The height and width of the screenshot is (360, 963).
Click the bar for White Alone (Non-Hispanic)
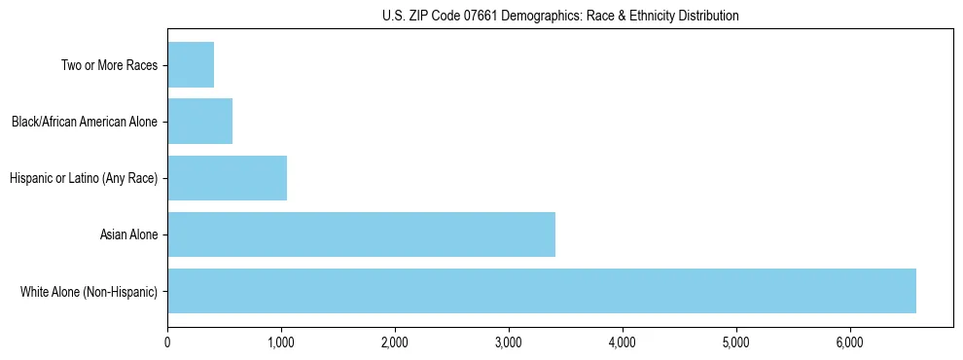coord(542,291)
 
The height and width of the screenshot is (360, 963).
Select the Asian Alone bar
coord(361,234)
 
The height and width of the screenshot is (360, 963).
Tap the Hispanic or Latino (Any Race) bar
coord(227,178)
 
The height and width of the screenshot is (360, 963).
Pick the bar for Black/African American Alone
coord(199,122)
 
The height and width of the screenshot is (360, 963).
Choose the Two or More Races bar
coord(191,65)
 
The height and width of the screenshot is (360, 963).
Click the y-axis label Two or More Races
coord(109,66)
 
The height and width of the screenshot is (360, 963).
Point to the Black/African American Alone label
coord(85,123)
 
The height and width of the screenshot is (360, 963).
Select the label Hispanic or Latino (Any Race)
coord(84,179)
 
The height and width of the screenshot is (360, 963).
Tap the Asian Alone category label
coord(128,235)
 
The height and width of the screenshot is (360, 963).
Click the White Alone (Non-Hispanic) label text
coord(89,292)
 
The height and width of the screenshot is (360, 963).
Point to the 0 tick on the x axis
coord(167,342)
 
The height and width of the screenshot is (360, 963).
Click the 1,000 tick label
coord(281,342)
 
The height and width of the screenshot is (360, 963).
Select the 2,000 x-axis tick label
coord(395,342)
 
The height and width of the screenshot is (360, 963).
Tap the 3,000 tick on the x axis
coord(509,342)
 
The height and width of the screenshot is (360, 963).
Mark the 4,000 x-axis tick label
coord(623,342)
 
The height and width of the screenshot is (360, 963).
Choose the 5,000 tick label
coord(736,342)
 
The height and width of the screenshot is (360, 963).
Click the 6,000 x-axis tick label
coord(850,342)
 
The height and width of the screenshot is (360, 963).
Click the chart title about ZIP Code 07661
coord(560,16)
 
